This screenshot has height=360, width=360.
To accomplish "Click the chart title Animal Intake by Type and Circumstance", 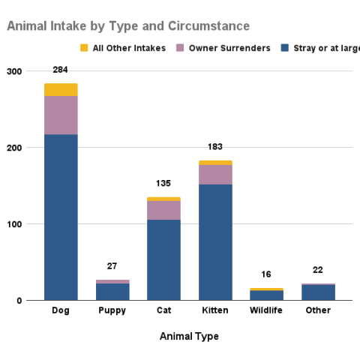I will click(x=128, y=26).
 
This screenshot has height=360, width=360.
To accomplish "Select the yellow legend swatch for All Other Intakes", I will click(x=84, y=49).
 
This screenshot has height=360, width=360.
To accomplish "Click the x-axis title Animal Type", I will click(x=189, y=337).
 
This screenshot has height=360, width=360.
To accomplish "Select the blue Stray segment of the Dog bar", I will click(x=61, y=217).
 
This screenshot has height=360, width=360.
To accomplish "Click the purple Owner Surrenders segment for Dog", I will click(x=61, y=115).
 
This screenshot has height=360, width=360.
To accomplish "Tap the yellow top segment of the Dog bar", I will click(x=61, y=90).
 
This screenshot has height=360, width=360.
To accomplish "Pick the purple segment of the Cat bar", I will click(x=163, y=210).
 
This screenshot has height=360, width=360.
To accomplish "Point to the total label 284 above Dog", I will click(x=61, y=70).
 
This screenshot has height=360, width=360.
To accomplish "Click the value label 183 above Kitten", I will click(x=215, y=147).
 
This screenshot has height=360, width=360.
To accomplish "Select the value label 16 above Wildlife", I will click(x=267, y=274).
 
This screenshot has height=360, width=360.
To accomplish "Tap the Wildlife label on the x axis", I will click(x=267, y=310).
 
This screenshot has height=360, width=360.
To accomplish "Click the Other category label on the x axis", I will click(x=318, y=310).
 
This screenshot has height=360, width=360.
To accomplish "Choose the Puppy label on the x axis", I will click(x=112, y=310).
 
